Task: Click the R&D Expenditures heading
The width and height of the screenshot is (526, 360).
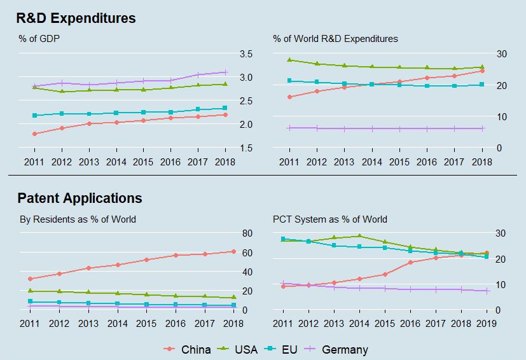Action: [76, 18]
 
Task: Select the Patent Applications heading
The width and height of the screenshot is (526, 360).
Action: [80, 198]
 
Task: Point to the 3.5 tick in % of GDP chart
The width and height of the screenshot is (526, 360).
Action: [246, 53]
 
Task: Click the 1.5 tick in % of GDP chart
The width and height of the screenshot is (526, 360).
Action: [246, 148]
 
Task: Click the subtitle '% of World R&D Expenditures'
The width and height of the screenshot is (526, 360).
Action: [335, 39]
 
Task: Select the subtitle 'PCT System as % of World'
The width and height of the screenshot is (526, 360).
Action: [329, 219]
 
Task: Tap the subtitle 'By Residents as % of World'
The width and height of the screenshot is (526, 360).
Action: [77, 219]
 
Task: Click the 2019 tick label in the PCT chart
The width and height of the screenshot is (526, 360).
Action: [487, 324]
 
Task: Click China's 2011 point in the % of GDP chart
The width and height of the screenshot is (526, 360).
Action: [34, 134]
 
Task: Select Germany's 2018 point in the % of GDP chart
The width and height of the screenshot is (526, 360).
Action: [225, 72]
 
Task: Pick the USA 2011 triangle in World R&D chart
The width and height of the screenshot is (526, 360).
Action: [289, 60]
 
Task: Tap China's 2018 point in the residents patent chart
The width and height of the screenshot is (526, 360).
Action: [233, 251]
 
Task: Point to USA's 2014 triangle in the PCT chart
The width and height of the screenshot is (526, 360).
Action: [359, 236]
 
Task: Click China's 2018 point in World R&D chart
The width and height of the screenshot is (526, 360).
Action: [482, 71]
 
